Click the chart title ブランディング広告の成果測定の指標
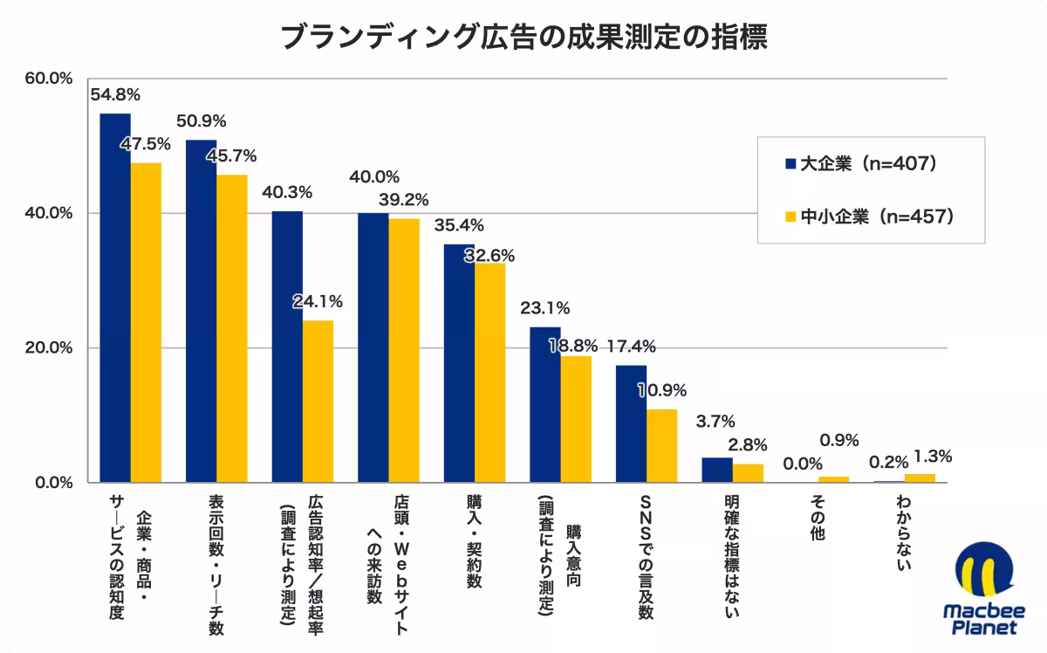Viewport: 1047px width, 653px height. point(523,38)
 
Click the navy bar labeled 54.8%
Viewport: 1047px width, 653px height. point(115,298)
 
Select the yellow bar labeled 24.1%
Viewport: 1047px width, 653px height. point(318,402)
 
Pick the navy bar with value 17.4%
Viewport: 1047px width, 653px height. point(631,423)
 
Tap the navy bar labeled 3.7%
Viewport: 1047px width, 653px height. point(717,470)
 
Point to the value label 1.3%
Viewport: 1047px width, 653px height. point(933,456)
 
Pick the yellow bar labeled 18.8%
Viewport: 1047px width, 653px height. point(576,419)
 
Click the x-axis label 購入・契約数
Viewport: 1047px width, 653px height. point(474,542)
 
